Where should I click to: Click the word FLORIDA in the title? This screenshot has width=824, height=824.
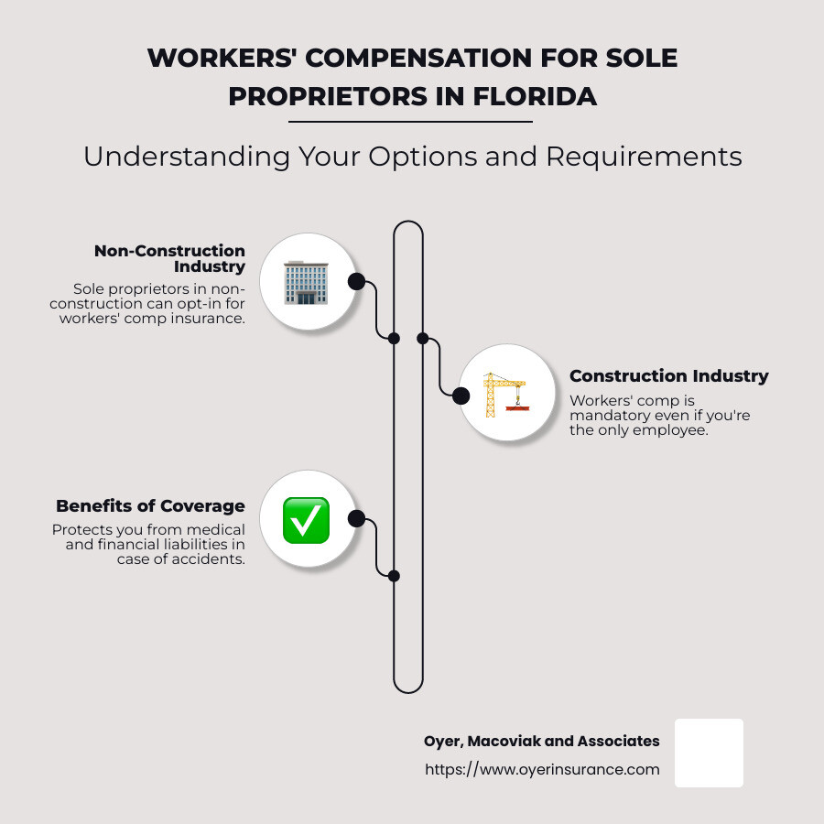coord(535,97)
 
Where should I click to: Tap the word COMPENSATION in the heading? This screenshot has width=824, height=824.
coord(418,58)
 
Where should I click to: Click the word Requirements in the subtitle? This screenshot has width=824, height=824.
coord(644,157)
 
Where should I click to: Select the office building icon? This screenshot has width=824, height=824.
coord(306,282)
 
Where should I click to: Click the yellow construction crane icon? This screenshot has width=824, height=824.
coord(506,395)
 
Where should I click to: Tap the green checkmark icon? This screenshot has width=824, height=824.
coord(307,520)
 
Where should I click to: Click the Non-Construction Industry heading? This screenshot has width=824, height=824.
coord(169,258)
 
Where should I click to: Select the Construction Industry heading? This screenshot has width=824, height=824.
coord(669,375)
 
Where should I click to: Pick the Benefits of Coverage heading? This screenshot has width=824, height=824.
coord(150,505)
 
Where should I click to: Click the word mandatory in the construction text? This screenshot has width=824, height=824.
coord(602,415)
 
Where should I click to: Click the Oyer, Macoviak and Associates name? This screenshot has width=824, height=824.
coord(542,741)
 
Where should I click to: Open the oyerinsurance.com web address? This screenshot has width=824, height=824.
coord(542,769)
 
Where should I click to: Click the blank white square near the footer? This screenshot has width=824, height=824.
coord(709,754)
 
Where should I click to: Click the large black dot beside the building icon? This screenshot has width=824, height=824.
coord(356,282)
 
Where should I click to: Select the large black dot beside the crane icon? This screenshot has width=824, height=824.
coord(461,396)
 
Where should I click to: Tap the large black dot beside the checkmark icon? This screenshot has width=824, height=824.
coord(356,519)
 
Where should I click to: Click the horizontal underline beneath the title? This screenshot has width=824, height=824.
coord(410,122)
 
